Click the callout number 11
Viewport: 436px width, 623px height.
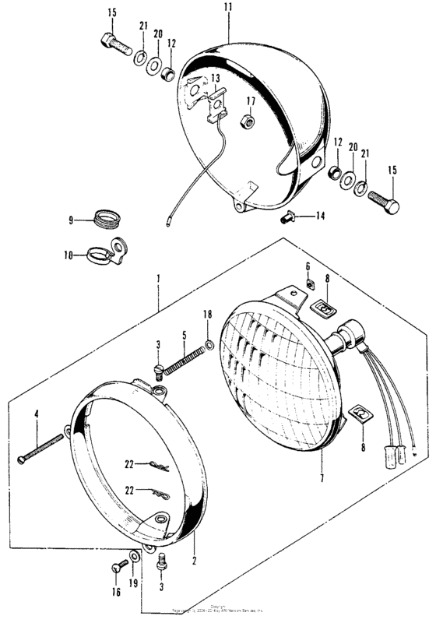228,7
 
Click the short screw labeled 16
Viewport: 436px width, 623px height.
121,568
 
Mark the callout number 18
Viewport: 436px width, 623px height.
207,313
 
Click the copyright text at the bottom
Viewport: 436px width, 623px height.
218,613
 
